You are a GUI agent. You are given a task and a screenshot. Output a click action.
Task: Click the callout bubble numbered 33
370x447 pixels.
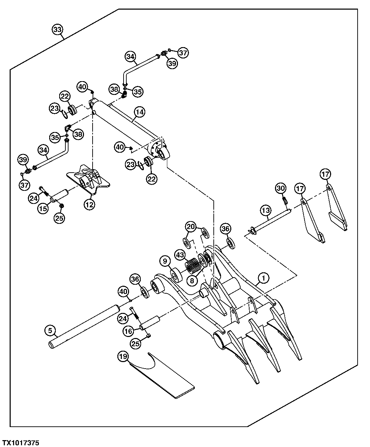pyautogui.click(x=58, y=30)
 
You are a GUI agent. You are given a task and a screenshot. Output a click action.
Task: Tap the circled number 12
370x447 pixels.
pyautogui.click(x=89, y=204)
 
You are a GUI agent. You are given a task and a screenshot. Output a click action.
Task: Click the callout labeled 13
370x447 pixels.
pyautogui.click(x=266, y=210)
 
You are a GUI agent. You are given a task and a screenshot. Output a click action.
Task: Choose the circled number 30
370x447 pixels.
pyautogui.click(x=281, y=188)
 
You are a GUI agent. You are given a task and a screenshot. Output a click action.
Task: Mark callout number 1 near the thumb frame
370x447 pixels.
pyautogui.click(x=263, y=277)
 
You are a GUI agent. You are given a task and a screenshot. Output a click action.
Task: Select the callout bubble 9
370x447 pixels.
pyautogui.click(x=165, y=261)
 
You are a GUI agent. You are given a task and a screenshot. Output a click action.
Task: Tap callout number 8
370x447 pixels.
pyautogui.click(x=192, y=280)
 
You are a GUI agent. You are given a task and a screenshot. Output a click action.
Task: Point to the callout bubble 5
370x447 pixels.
pyautogui.click(x=50, y=331)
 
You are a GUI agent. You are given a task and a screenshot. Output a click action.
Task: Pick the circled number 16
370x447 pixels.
pyautogui.click(x=128, y=331)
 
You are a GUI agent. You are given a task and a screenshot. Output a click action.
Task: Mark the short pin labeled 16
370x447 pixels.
pyautogui.click(x=149, y=322)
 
